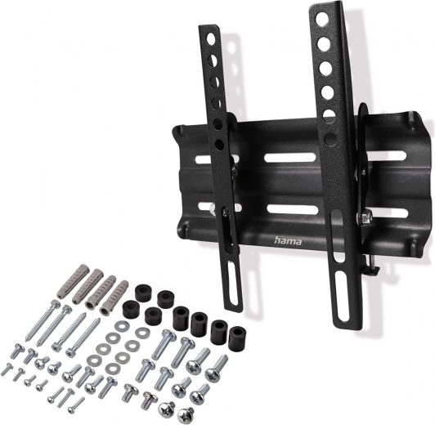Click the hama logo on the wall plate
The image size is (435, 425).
pos(288,240)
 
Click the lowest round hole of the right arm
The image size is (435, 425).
pos(329,137)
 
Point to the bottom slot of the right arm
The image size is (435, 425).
pos(339,294)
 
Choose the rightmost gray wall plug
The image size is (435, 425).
pos(114,298)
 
